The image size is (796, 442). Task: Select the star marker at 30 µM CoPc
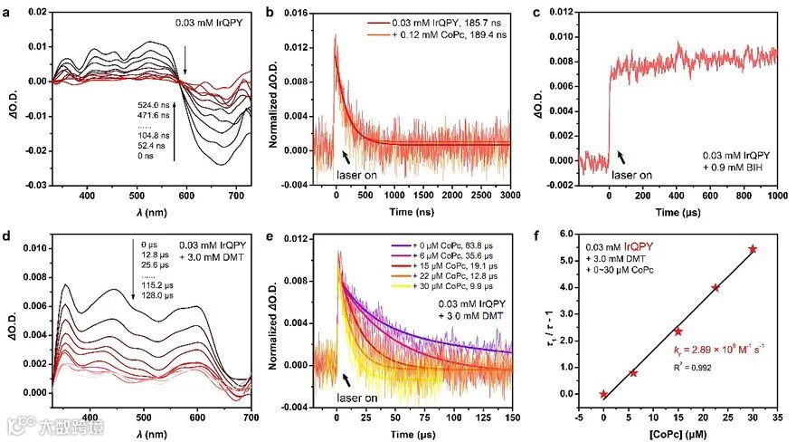[x=753, y=249]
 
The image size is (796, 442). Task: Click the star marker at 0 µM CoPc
[x=603, y=394]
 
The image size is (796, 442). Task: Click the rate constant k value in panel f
[x=715, y=348]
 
